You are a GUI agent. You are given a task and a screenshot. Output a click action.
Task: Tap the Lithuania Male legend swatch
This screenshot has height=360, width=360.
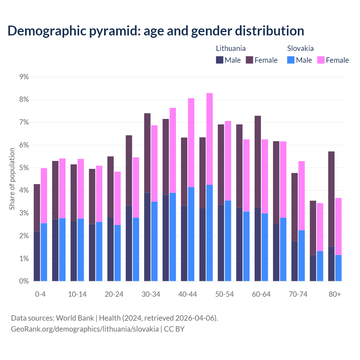coord(220,60)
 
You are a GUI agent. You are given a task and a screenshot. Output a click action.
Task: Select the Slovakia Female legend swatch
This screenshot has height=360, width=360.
coord(321,60)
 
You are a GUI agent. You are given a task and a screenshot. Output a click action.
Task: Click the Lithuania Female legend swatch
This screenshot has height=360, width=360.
coord(249,60)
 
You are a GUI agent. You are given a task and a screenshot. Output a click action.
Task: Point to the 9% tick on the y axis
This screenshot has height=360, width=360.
coord(24,77)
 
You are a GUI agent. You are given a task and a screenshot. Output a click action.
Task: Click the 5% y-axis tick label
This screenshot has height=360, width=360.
coord(24,168)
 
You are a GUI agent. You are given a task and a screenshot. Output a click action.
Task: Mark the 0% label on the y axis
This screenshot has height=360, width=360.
coord(24,281)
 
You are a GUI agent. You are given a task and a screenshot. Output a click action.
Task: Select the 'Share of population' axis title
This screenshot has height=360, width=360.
coord(12,179)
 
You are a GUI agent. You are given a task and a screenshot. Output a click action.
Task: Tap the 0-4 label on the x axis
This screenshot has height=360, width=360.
coord(40,294)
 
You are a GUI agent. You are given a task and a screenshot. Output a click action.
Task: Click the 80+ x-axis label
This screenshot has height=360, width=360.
coord(335,294)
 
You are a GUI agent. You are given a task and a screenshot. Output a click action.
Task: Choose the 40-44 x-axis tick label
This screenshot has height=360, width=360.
coord(188,294)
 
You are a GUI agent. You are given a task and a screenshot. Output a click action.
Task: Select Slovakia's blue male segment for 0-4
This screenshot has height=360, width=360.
coord(44,252)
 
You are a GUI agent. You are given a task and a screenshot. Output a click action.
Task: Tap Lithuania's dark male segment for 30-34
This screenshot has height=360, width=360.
coord(147,237)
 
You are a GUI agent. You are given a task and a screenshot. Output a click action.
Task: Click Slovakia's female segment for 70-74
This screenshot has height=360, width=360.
coord(301,196)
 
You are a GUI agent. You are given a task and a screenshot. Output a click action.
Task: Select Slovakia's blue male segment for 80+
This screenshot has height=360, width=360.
coord(338,268)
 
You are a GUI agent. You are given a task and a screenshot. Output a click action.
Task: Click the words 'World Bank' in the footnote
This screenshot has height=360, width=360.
coord(75,318)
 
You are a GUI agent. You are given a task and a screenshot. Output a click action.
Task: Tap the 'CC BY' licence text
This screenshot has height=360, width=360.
coord(174,329)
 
